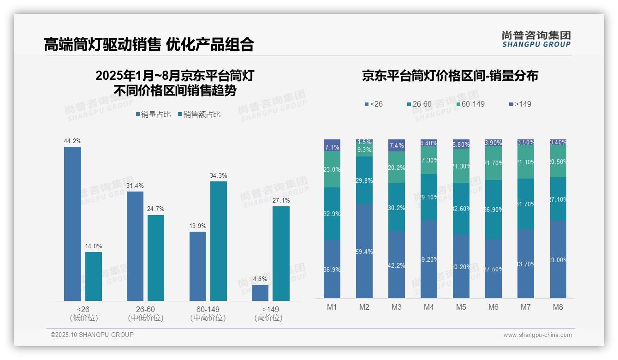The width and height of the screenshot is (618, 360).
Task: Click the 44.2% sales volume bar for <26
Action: coord(72,224)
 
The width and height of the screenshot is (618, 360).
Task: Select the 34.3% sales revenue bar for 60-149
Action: coord(219,241)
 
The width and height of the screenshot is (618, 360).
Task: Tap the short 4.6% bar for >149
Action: coord(260,293)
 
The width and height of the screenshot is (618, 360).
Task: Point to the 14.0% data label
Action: coord(94,246)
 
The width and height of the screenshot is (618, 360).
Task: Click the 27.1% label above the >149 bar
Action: coord(281,200)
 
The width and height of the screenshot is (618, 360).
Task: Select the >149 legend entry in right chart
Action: coord(520,104)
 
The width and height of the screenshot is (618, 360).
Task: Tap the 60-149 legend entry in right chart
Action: coord(470,104)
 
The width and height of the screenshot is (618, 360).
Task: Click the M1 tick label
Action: coord(332,307)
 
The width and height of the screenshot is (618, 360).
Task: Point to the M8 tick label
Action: coord(558,307)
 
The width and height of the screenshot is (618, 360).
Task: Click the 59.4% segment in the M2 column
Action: coord(364,252)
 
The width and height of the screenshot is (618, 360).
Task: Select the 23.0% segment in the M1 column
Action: coord(332,169)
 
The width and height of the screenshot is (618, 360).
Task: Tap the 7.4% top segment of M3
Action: coord(397,145)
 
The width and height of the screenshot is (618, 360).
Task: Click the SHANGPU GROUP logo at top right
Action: coord(536,39)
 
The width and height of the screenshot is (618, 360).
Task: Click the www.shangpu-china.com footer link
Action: coord(537,335)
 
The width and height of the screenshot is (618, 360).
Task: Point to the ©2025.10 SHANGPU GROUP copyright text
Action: coord(92,335)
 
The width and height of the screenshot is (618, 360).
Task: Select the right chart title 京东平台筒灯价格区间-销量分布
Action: coord(450,76)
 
